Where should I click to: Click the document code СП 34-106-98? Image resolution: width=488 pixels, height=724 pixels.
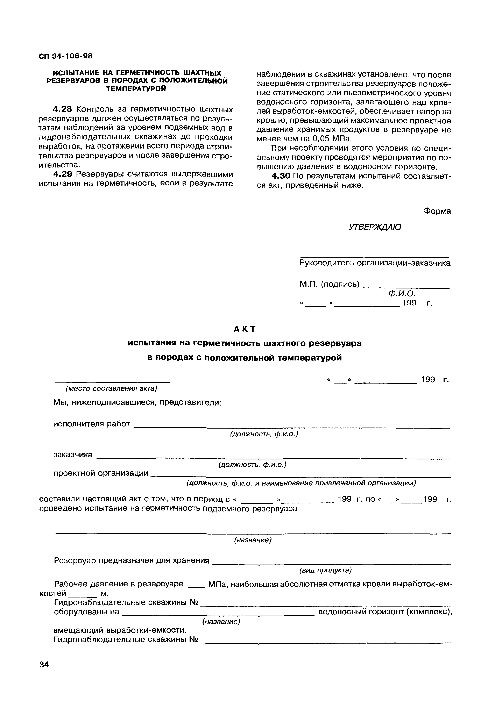pos(66,56)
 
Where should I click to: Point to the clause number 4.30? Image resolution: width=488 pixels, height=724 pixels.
pos(281,176)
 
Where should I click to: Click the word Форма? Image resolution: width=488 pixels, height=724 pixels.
pos(437,211)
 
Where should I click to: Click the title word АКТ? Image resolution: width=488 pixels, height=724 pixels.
pos(244,329)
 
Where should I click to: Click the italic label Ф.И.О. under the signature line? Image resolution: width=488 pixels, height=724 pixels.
pos(402,294)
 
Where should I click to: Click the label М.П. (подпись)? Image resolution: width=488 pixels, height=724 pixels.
pos(329,284)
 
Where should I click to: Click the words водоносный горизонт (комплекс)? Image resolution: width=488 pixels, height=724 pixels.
pos(385,612)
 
